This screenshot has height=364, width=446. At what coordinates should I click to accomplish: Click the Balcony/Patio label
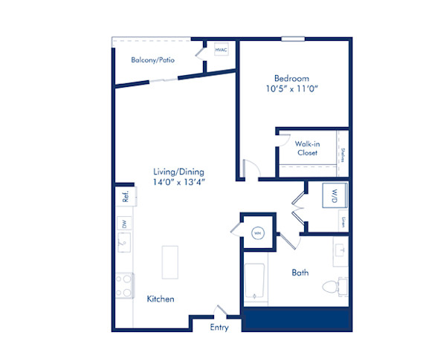pyautogui.click(x=153, y=60)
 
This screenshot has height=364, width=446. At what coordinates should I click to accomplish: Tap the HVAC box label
pyautogui.click(x=221, y=51)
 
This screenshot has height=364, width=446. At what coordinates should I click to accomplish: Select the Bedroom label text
pyautogui.click(x=291, y=79)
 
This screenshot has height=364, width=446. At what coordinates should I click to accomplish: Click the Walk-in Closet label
pyautogui.click(x=307, y=148)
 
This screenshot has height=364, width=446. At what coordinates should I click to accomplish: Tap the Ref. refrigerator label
pyautogui.click(x=126, y=196)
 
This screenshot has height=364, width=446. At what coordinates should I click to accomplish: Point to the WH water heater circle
pyautogui.click(x=258, y=233)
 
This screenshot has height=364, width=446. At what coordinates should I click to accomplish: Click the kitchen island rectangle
pyautogui.click(x=170, y=261)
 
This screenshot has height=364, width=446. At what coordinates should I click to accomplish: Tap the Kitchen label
pyautogui.click(x=161, y=299)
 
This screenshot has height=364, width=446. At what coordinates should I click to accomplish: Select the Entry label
pyautogui.click(x=219, y=328)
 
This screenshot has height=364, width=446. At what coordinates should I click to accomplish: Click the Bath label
pyautogui.click(x=300, y=273)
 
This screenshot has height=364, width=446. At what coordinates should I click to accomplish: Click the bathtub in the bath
pyautogui.click(x=254, y=284)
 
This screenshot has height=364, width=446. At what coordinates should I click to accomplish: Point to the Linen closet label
pyautogui.click(x=342, y=220)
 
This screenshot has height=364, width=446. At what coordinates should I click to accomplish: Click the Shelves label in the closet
pyautogui.click(x=342, y=155)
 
